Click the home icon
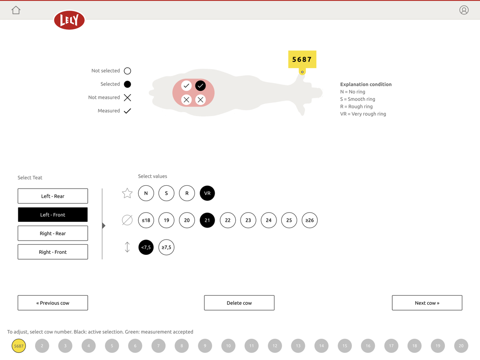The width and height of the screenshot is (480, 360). coord(16,10)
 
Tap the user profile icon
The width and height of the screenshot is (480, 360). coord(464,10)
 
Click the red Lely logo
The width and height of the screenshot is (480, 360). coord(69,20)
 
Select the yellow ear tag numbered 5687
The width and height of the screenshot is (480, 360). coord(302,60)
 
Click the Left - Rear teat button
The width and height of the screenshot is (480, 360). coord(53,196)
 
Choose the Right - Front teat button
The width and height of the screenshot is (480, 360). coord(53,252)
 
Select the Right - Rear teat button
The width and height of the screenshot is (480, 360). coord(53,233)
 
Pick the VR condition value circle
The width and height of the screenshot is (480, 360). coord(207,193)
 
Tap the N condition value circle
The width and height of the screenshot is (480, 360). coord(146,193)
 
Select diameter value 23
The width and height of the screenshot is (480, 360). coord(248,220)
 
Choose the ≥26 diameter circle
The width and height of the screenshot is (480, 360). coord(310,220)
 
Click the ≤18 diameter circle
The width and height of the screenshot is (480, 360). coord(146,220)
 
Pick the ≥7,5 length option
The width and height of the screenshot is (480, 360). coord(167,247)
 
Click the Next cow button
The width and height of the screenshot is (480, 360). coord(427,303)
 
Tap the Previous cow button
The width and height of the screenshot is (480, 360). coord(53,303)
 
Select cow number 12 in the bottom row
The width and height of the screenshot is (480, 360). coord(275,346)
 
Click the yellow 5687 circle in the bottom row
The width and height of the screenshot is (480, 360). coord(19,346)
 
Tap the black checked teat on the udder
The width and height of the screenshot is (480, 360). coord(201,86)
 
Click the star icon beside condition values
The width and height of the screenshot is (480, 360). coord(127,193)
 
